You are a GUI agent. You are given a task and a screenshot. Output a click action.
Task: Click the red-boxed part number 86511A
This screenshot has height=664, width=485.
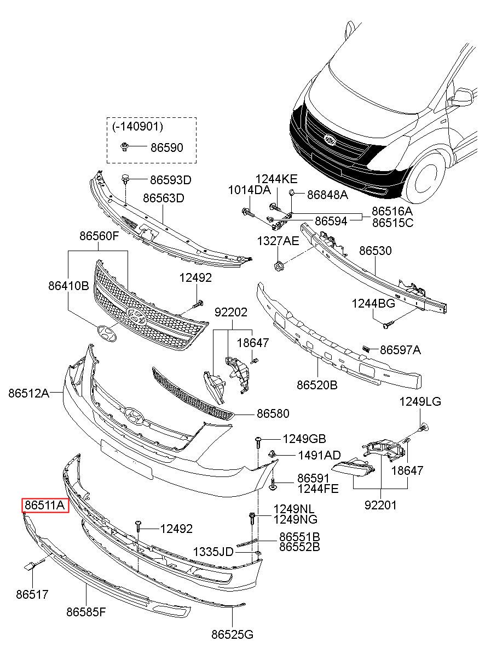pos(45,504)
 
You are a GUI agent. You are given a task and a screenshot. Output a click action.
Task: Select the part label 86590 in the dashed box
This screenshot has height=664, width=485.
pos(166,147)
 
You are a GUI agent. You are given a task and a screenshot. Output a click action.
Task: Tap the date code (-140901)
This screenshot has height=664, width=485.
pos(137,127)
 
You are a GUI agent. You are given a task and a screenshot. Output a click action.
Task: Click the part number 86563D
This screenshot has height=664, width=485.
pos(164,197)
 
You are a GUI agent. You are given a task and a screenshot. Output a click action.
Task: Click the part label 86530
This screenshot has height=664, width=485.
pos(376,251)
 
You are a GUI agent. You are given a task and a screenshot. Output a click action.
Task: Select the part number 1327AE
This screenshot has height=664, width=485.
pos(279,241)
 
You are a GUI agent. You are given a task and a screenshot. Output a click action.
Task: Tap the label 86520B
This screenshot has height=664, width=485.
pos(317,384)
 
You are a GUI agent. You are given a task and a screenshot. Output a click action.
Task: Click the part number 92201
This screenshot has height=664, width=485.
pos(381,504)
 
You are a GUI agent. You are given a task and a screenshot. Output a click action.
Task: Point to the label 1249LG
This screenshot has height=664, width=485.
pos(420,401)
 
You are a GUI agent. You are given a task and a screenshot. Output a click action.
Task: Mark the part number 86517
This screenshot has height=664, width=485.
pos(32,594)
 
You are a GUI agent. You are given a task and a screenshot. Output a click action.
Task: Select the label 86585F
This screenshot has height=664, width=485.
pos(86,612)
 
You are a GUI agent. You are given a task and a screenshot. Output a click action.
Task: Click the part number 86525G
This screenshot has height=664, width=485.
pos(233,634)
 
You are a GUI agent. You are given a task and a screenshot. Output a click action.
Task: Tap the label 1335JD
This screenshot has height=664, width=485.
pos(213,551)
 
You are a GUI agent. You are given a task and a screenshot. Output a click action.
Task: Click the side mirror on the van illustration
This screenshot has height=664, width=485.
pos(461,97)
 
